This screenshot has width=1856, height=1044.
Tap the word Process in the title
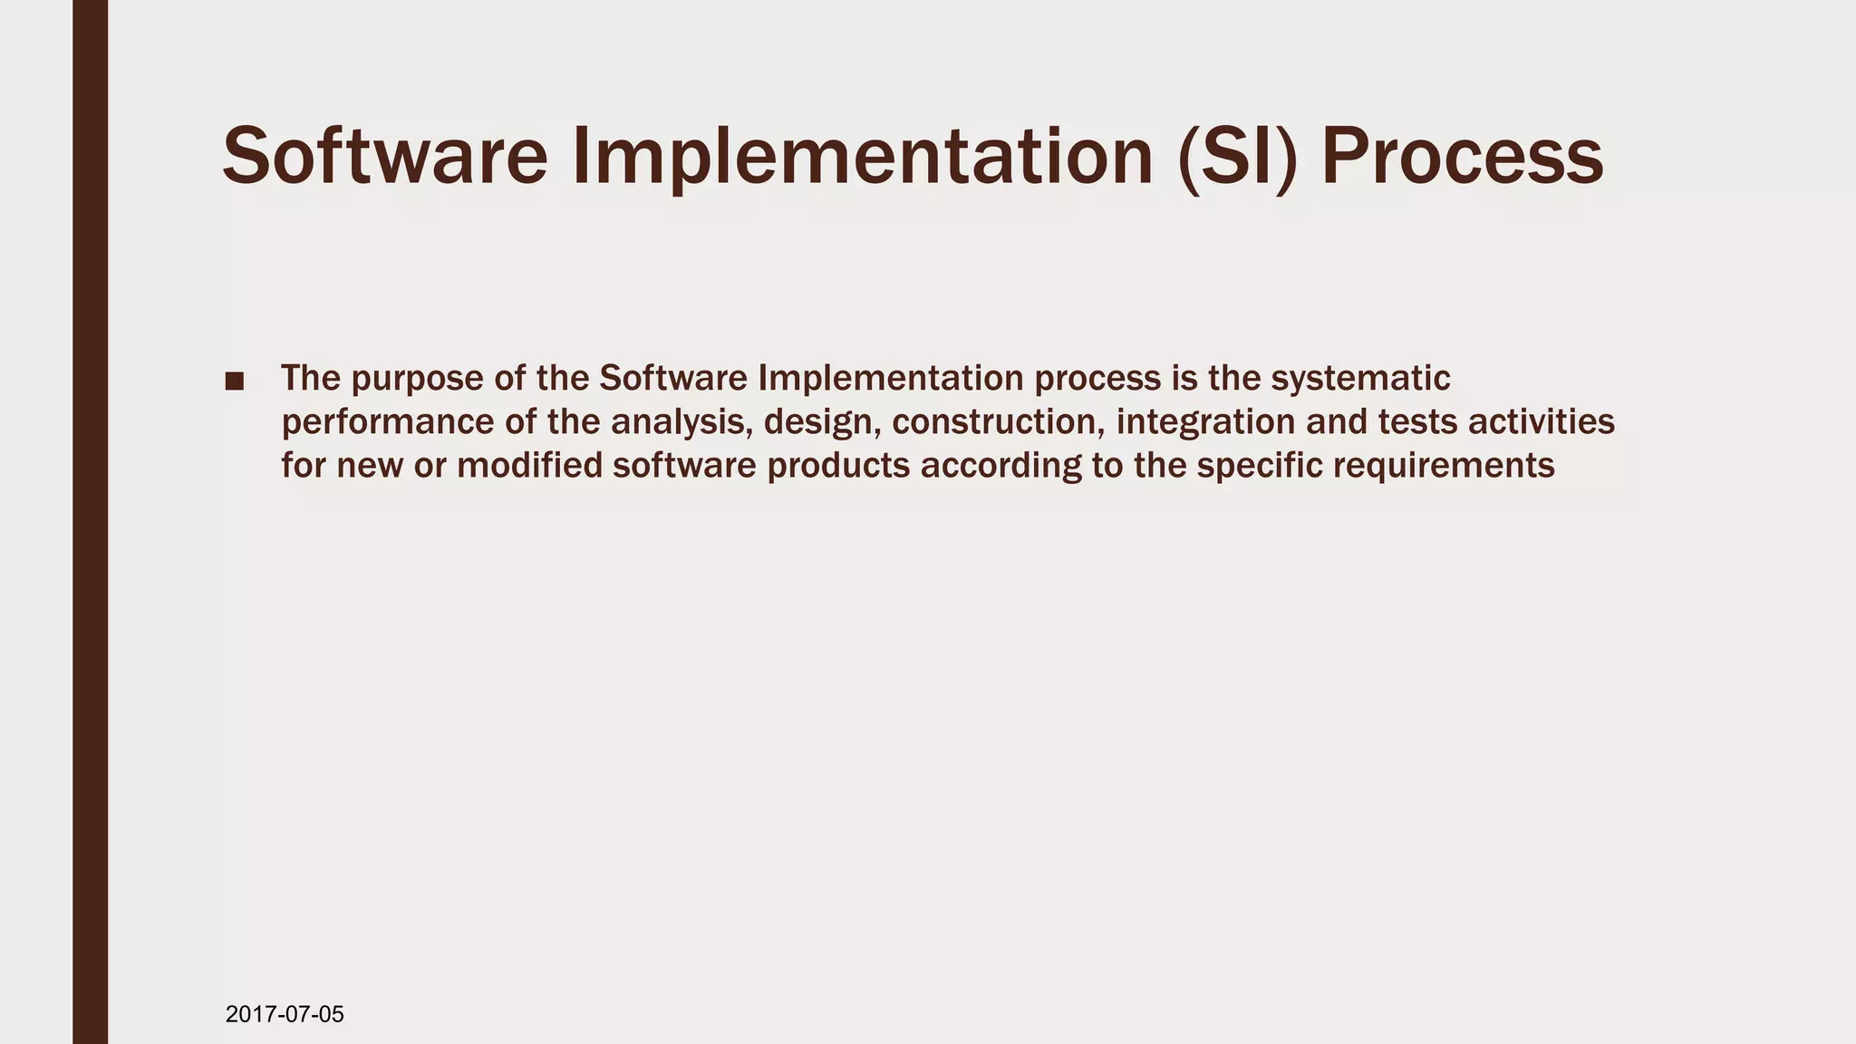(1462, 157)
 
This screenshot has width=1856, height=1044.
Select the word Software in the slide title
(385, 157)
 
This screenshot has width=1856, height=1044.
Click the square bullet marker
(235, 382)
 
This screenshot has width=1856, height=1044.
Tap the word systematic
(1360, 378)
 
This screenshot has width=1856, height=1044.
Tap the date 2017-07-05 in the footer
(285, 1014)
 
